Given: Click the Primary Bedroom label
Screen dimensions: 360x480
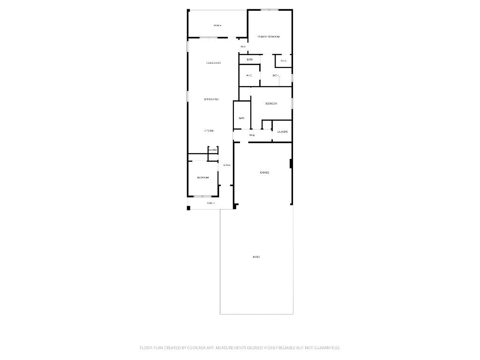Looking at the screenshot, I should [269, 37].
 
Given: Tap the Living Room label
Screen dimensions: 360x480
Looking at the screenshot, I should [213, 63].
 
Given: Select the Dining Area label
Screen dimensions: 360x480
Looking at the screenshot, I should [211, 99].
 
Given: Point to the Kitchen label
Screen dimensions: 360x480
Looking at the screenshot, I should [209, 131].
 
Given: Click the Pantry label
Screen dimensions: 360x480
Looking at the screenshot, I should [213, 150].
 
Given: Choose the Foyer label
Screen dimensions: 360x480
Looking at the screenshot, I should [227, 165].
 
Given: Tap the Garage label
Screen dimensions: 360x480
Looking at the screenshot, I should [264, 172].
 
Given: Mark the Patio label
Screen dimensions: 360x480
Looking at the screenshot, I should [256, 257].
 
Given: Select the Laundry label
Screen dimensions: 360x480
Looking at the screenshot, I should [282, 132].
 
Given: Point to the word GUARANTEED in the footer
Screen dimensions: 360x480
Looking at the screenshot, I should [323, 348].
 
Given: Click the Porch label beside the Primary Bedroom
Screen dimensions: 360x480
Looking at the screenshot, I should [217, 25].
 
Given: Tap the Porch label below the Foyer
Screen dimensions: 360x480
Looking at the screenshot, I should [211, 203].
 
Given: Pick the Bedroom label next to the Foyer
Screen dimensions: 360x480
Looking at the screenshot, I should [203, 178].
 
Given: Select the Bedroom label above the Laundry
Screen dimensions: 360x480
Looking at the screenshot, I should [271, 103].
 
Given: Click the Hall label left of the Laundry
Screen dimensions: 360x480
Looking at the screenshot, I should [252, 135].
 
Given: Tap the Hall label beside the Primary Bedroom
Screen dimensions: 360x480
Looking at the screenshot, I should [243, 46].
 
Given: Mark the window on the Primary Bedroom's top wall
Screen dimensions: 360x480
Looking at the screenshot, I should [270, 10].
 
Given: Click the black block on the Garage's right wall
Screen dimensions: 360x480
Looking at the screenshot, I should [291, 164].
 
